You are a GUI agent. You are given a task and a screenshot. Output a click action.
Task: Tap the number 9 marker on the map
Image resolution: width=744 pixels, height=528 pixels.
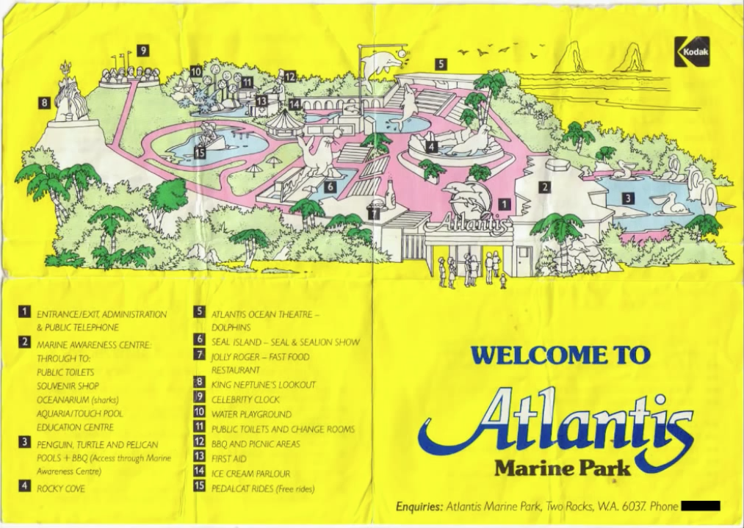pos(142,51)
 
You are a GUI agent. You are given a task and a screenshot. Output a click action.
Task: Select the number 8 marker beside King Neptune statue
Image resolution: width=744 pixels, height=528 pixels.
pos(44,103)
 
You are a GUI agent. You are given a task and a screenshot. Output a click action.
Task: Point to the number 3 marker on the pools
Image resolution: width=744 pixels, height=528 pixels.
pos(628,198)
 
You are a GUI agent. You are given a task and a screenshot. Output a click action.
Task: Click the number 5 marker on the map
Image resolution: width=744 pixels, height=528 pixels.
pos(440,64)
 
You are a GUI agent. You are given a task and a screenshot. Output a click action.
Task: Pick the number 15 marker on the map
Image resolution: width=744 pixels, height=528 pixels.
pos(200,153)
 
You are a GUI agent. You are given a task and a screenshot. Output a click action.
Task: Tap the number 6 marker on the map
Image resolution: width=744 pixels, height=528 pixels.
pos(331,187)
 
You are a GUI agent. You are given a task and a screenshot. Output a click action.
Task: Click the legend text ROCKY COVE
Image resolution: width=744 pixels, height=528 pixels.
pos(61,488)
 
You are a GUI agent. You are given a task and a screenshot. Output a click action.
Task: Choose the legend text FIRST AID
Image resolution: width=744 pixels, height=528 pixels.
pos(228,458)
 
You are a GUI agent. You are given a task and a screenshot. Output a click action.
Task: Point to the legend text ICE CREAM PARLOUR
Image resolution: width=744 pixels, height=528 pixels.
pos(250,474)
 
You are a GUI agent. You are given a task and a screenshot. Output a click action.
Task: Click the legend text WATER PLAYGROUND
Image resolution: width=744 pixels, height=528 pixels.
pos(251,414)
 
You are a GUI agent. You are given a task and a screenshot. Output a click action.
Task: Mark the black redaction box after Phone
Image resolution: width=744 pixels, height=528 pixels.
pos(701,505)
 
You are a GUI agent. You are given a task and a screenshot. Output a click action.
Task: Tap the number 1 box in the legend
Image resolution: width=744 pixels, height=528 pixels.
pos(24,313)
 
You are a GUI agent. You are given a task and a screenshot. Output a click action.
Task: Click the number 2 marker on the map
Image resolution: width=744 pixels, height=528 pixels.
pos(544,187)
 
